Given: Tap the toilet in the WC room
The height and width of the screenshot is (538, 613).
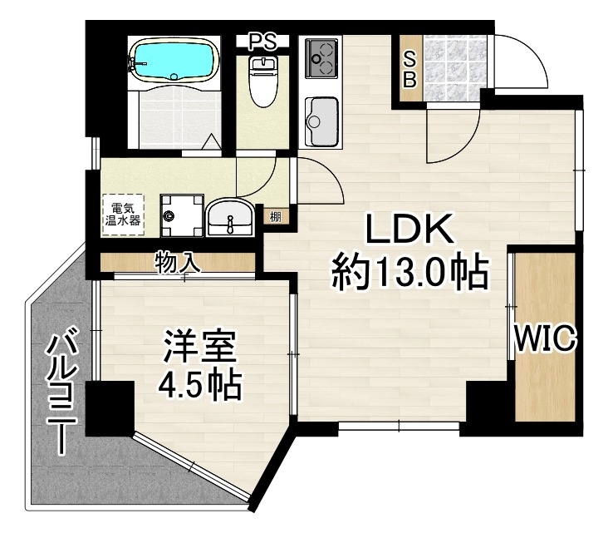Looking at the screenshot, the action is [x=263, y=81].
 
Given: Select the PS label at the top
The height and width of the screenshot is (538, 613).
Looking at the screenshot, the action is [x=262, y=42].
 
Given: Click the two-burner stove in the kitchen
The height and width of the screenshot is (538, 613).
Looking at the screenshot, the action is [x=321, y=58].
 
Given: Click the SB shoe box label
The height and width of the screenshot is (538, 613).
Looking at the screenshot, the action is [x=409, y=70].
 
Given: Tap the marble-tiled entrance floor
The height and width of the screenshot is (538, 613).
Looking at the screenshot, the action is [x=454, y=68].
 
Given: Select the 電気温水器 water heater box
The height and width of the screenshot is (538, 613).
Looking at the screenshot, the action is [x=123, y=215].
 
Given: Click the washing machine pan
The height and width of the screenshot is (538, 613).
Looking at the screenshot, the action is [x=182, y=215].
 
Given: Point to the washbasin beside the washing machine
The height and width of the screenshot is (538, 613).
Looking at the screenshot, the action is [x=230, y=218].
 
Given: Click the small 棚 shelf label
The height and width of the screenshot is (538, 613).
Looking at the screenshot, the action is [x=276, y=216].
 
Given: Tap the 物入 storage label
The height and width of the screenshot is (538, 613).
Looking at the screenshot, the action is [x=178, y=262].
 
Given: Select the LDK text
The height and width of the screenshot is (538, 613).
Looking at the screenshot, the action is [x=409, y=230].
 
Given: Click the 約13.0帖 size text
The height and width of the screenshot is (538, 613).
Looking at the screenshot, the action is [x=410, y=273].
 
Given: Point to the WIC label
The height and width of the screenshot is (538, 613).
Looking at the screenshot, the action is [x=546, y=338].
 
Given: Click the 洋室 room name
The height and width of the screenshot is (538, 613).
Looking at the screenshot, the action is [x=200, y=347].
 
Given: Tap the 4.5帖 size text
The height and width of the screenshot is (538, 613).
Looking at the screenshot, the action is [x=199, y=385].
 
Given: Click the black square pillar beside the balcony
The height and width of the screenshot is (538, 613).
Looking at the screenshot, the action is [x=110, y=408].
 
